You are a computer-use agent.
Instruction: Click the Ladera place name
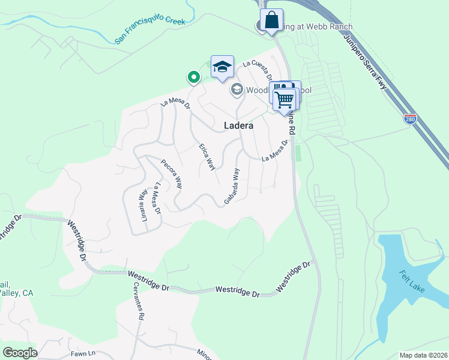(238, 126)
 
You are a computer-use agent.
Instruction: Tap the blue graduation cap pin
(222, 67)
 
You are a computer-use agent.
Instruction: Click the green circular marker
(193, 77)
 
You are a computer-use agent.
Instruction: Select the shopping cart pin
(285, 98)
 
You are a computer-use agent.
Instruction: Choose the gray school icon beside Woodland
(237, 90)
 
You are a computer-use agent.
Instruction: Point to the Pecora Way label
(171, 174)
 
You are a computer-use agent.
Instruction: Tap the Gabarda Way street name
(232, 186)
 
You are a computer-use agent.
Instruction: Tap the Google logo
(20, 353)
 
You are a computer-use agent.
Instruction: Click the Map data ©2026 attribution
(423, 355)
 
